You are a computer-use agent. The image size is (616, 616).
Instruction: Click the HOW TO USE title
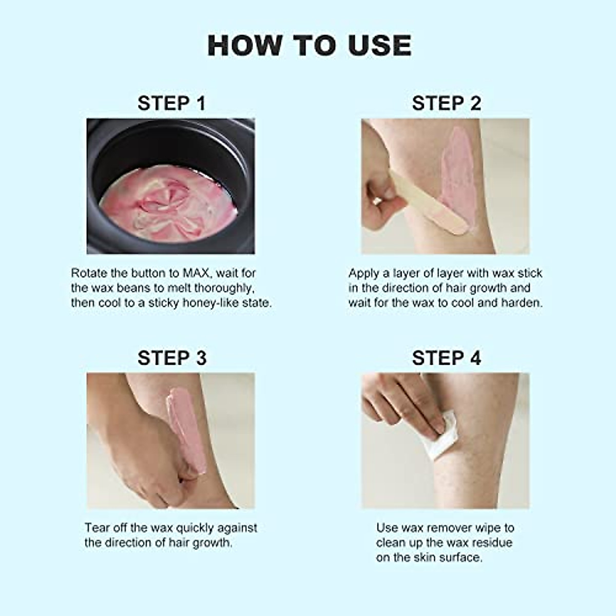tap(309, 46)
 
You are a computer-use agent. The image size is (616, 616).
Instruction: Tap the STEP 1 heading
tap(171, 103)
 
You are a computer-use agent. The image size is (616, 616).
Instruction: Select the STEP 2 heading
tap(446, 103)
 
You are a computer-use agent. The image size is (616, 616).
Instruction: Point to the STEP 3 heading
tap(171, 358)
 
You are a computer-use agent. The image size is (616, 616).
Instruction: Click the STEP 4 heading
tap(446, 358)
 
